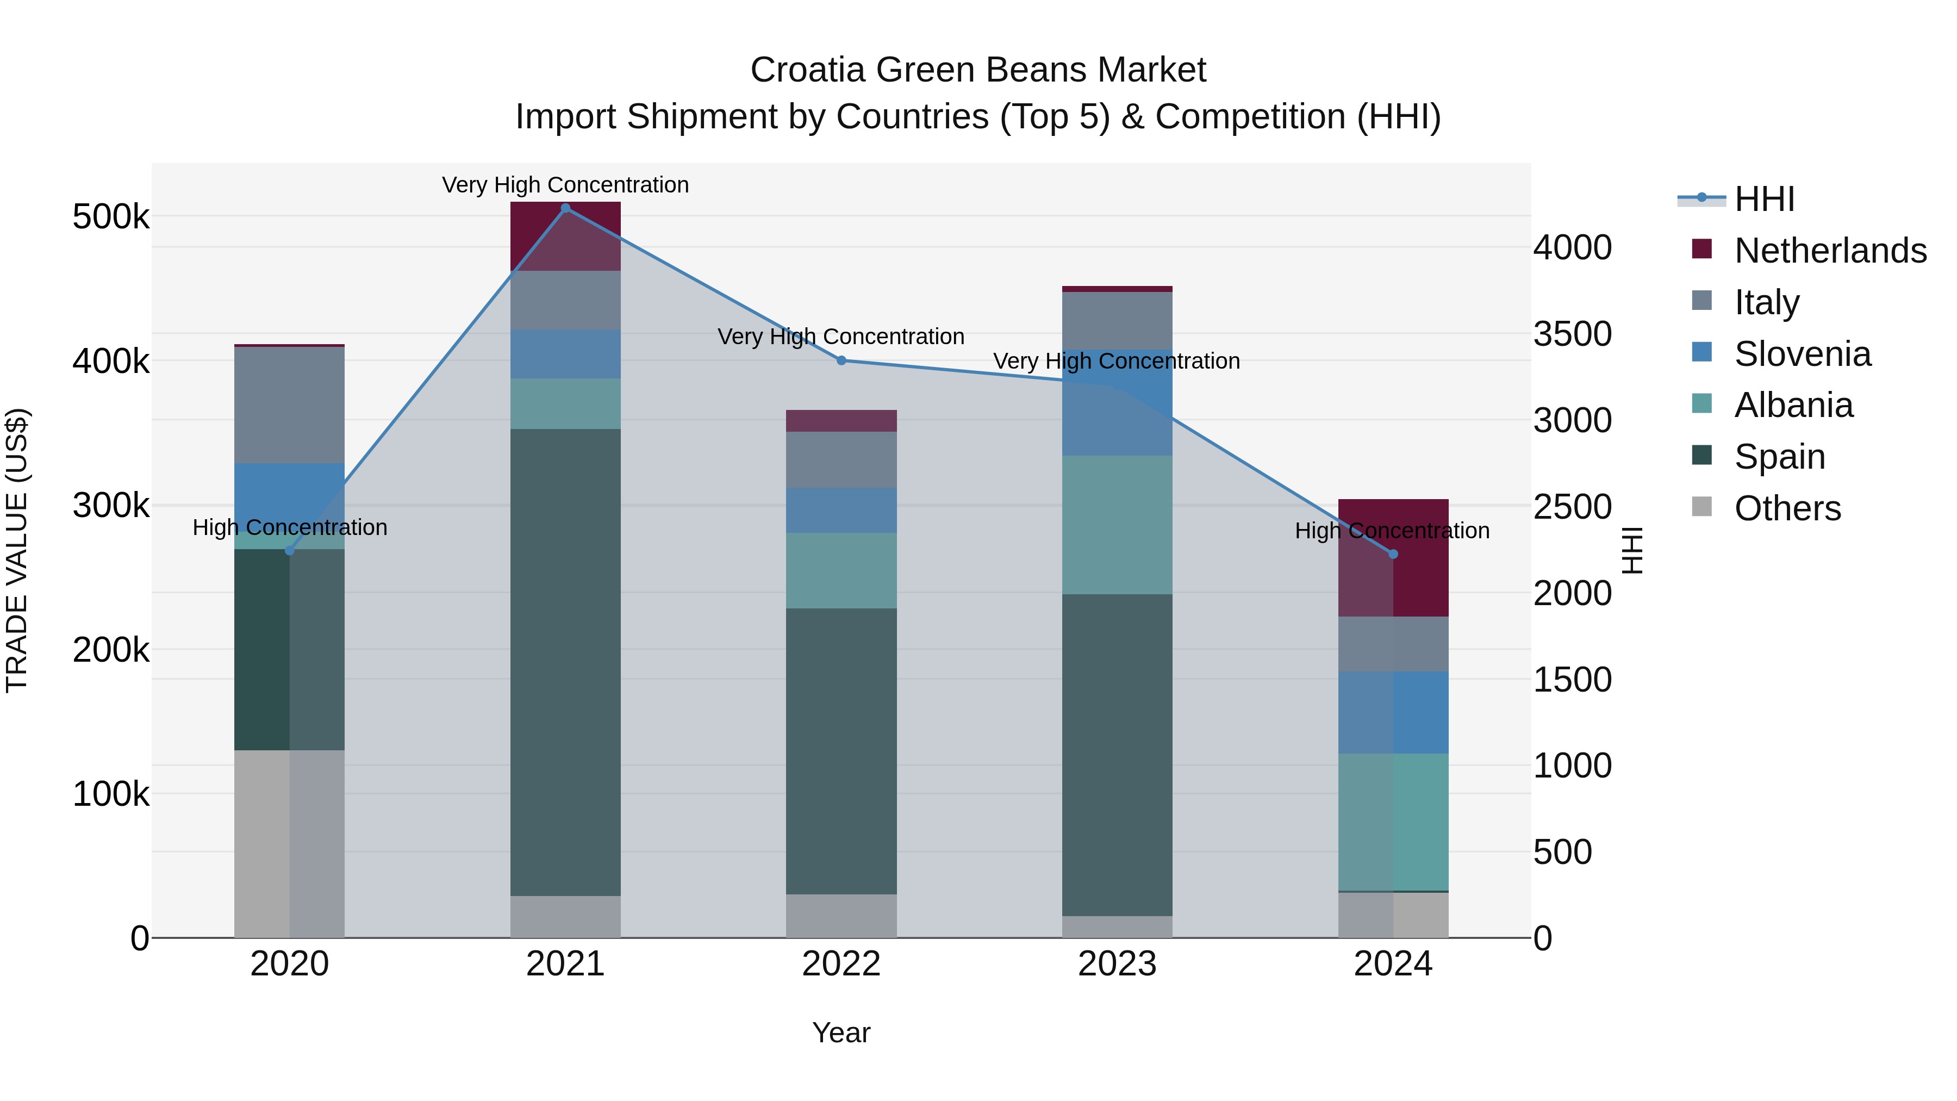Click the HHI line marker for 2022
[841, 361]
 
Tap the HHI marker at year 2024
[1393, 554]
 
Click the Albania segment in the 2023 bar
[1117, 524]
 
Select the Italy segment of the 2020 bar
[289, 405]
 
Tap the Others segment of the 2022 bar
[841, 916]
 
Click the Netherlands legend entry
[1829, 251]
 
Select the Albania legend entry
[1793, 405]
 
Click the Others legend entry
[1787, 508]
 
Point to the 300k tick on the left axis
[111, 505]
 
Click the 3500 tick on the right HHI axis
[1572, 334]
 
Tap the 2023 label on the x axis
[1117, 964]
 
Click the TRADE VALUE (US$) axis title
[17, 550]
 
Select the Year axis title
[841, 1032]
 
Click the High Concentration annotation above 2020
[289, 527]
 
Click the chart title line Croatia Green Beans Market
[978, 70]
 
